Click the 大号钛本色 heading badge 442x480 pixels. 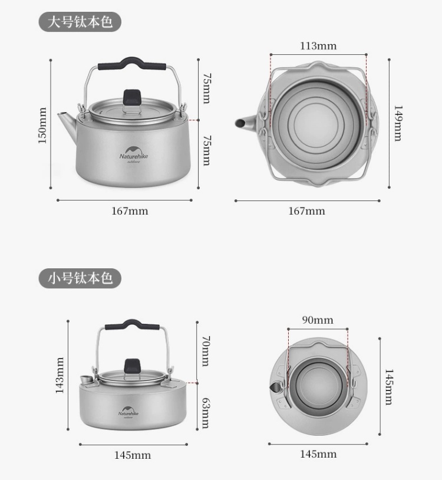pos(80,22)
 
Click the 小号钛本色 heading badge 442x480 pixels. pos(80,278)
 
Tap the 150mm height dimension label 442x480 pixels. pos(42,125)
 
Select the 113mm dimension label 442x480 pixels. pos(318,46)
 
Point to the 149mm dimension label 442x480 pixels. pos(398,123)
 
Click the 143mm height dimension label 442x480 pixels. pos(60,375)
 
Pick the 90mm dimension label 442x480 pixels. pos(318,320)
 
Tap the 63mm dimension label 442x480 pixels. pos(206,413)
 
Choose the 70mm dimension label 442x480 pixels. pos(206,351)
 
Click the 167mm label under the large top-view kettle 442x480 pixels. pos(307,211)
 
